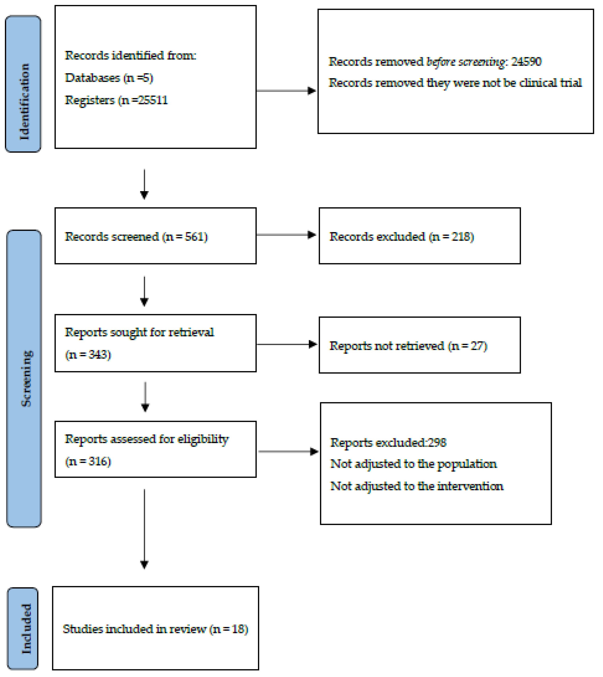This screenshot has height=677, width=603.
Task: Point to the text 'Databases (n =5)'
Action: tap(109, 78)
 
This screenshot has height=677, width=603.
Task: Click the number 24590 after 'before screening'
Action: tap(526, 62)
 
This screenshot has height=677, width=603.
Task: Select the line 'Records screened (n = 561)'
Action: tap(136, 237)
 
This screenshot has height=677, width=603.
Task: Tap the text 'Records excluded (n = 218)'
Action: tap(402, 237)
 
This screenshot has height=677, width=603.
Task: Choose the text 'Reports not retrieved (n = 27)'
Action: tap(408, 346)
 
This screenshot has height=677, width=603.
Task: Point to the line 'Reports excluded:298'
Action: tap(388, 443)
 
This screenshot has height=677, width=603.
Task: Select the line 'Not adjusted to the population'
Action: tap(414, 464)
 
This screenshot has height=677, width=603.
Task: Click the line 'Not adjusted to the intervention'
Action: tap(417, 486)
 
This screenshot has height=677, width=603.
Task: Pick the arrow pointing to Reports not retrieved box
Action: tap(287, 344)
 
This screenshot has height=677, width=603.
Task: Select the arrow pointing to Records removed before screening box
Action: tap(286, 91)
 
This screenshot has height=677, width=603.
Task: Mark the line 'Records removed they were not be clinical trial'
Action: tap(455, 83)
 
